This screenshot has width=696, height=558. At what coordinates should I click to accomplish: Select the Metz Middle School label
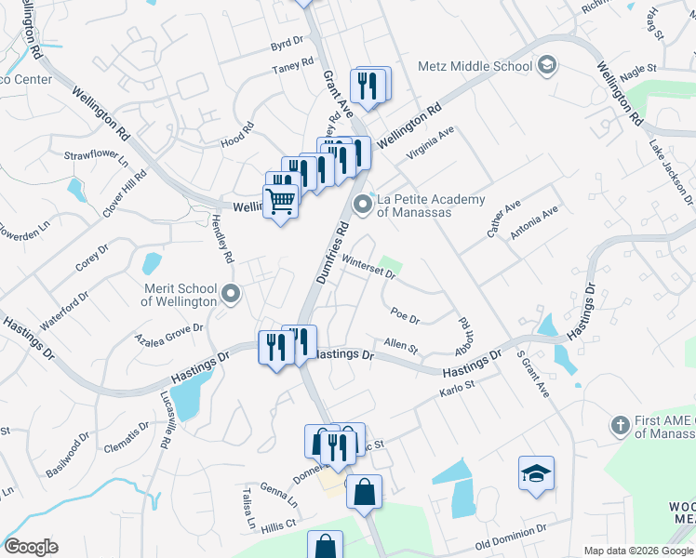tap(475, 66)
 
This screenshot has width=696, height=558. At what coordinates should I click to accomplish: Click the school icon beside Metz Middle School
tap(547, 65)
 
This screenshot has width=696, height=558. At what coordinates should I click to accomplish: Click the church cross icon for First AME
tap(621, 425)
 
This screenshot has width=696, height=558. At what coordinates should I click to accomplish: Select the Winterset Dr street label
tap(369, 266)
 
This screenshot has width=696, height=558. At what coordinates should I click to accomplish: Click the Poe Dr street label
tap(406, 315)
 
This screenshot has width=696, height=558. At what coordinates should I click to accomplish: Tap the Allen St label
tap(401, 345)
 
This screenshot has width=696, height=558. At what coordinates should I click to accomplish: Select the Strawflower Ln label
tap(97, 157)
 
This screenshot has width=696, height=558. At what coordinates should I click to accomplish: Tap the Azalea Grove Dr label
tap(168, 333)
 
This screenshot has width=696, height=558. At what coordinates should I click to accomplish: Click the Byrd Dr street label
tap(287, 43)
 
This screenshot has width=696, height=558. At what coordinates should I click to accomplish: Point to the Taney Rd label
tap(288, 70)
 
